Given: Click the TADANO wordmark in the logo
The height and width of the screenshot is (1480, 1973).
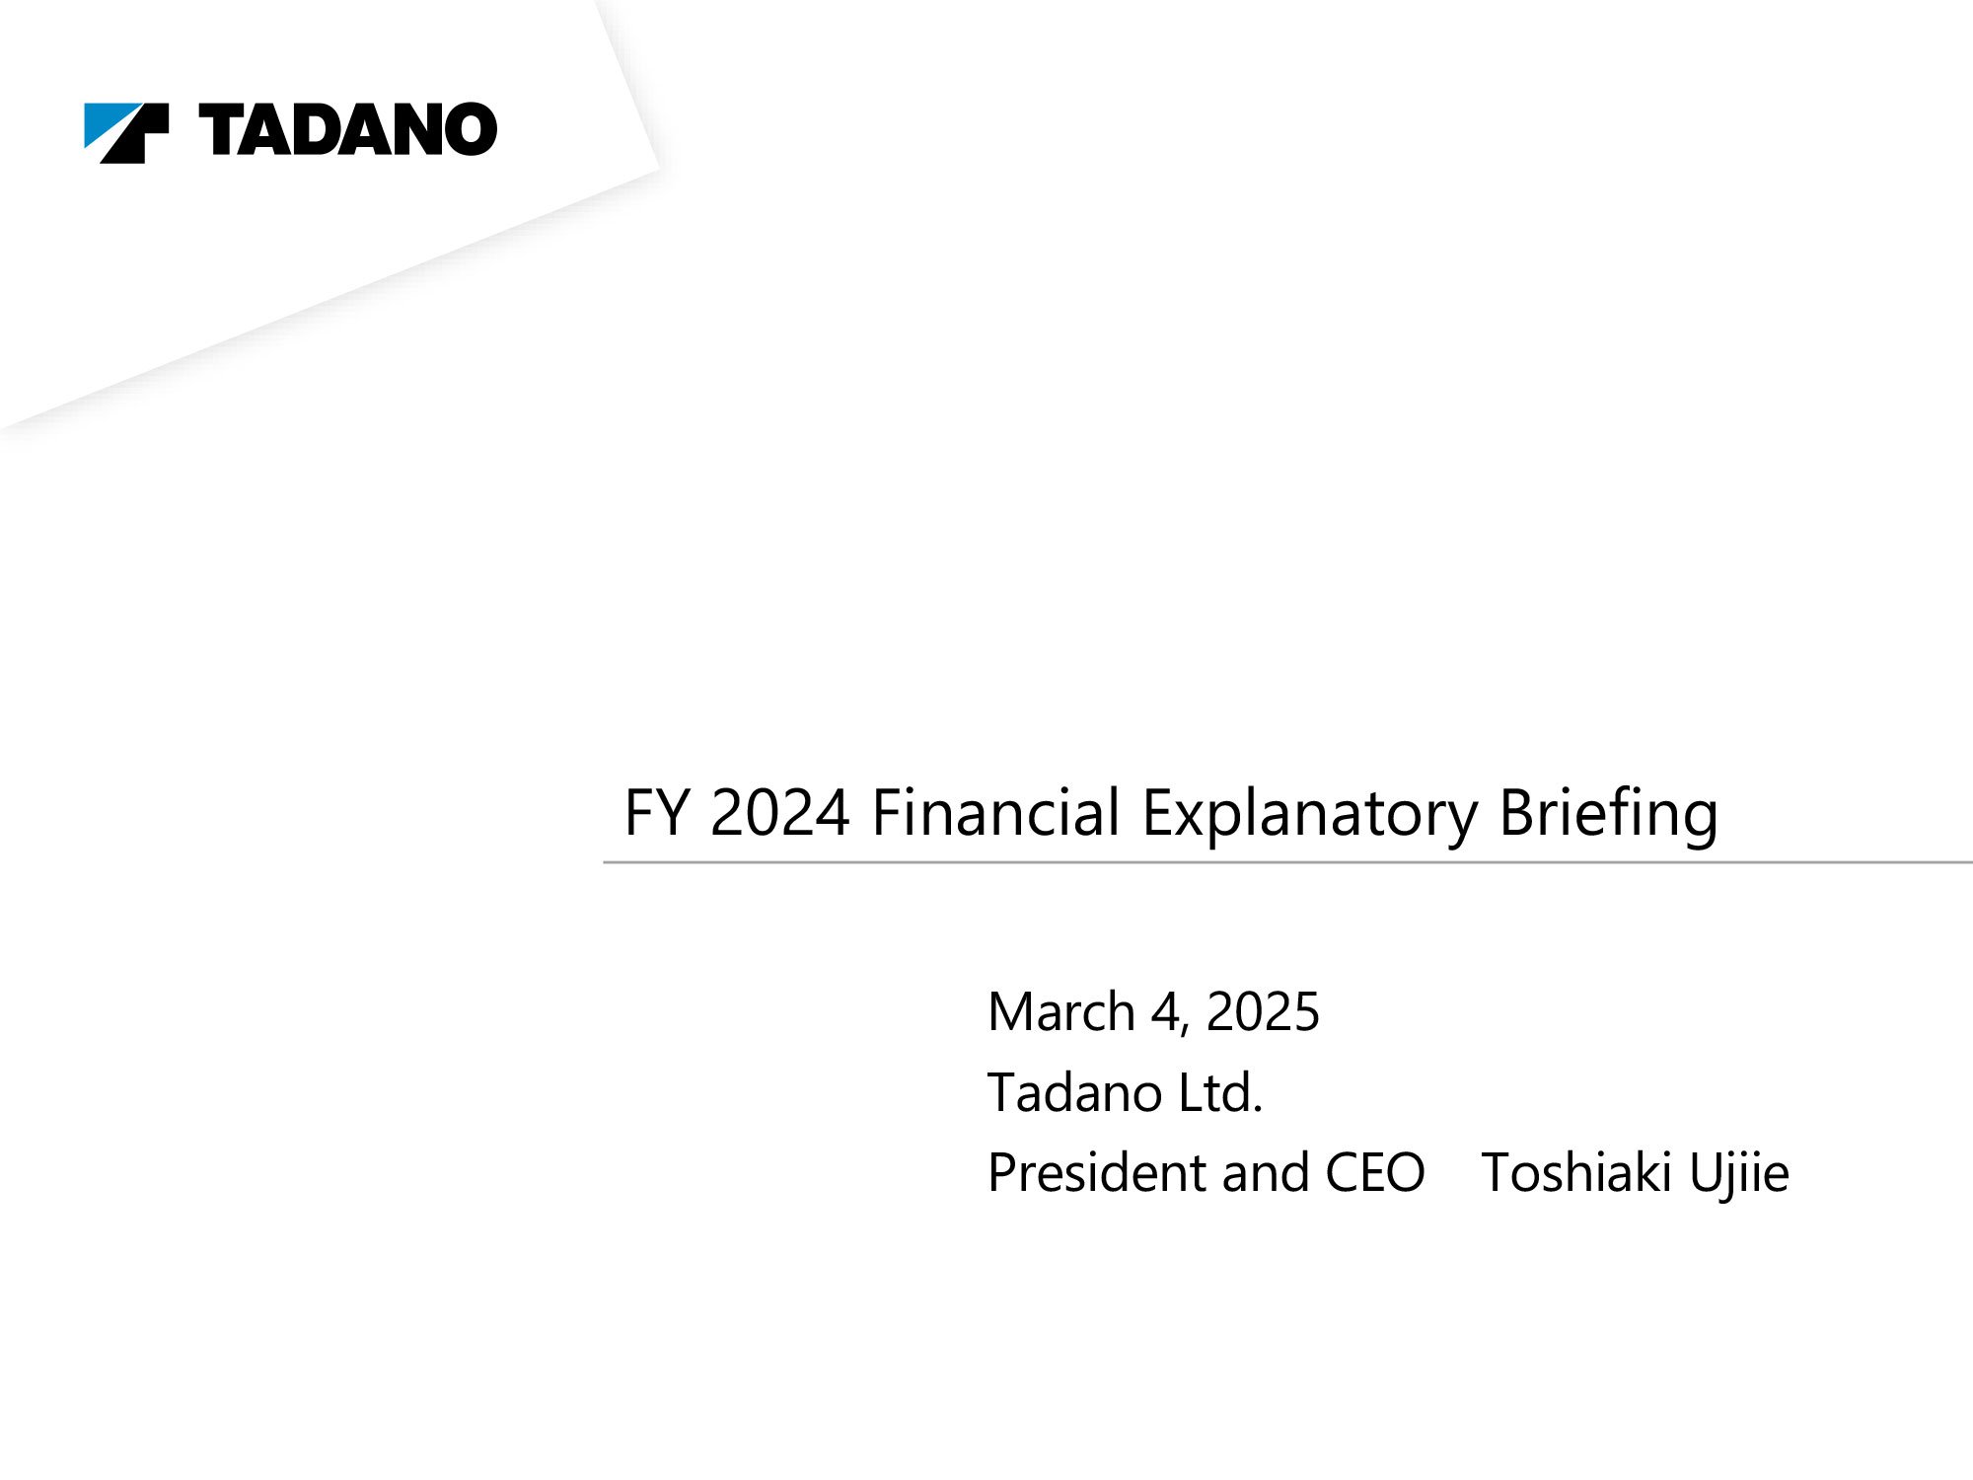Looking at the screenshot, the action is click(348, 129).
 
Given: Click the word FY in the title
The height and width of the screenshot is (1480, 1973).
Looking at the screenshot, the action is click(656, 813).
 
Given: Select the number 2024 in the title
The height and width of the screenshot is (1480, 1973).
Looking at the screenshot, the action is click(780, 813).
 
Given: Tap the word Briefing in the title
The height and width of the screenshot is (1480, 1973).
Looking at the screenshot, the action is click(1609, 815).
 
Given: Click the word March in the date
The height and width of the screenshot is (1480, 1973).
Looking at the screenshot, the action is click(1061, 1012).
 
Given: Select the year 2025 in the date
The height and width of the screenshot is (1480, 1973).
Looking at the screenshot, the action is click(1263, 1012).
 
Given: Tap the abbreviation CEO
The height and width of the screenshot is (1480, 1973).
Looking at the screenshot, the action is click(1374, 1173).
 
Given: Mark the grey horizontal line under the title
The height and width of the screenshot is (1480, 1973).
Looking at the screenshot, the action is click(1287, 862).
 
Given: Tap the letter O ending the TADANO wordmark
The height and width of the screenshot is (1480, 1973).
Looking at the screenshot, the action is click(470, 129).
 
